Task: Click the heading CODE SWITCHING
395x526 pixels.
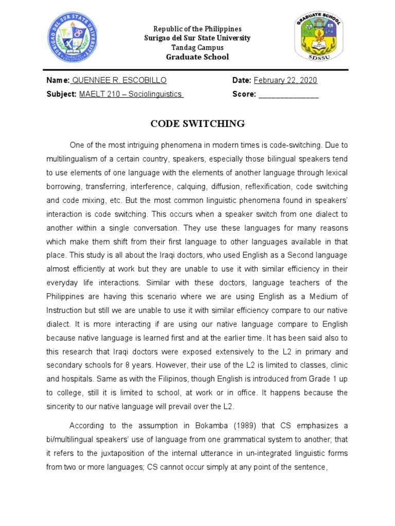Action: [x=197, y=123]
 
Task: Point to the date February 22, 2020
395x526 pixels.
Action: [x=285, y=80]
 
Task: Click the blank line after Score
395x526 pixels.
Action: [x=289, y=94]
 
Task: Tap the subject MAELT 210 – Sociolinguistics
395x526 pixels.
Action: [x=131, y=94]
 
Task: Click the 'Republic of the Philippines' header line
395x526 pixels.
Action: [x=197, y=29]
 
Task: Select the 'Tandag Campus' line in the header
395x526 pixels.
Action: [x=197, y=47]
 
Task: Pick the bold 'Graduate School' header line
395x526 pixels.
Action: [x=197, y=57]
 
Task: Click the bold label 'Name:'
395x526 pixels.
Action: [x=58, y=80]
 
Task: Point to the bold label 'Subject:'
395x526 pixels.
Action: [x=62, y=94]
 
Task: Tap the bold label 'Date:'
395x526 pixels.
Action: [x=242, y=80]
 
